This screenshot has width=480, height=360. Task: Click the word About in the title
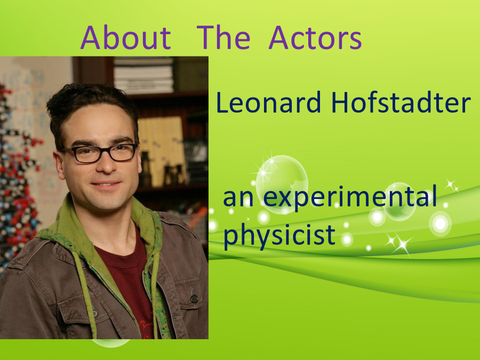[x=125, y=38]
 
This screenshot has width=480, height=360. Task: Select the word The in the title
[x=223, y=38]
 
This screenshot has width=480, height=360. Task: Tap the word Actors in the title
[x=315, y=38]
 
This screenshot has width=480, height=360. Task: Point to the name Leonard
[x=268, y=102]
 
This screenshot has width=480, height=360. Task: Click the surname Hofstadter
[x=401, y=102]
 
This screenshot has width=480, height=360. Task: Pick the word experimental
[x=349, y=199]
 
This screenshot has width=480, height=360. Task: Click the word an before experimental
[x=238, y=199]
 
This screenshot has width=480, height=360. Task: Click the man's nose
[x=106, y=165]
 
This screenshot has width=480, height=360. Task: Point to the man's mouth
[x=106, y=185]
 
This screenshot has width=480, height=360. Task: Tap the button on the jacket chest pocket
[x=194, y=299]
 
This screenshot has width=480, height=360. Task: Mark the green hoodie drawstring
[x=84, y=294]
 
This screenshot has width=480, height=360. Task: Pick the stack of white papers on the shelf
[x=143, y=75]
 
